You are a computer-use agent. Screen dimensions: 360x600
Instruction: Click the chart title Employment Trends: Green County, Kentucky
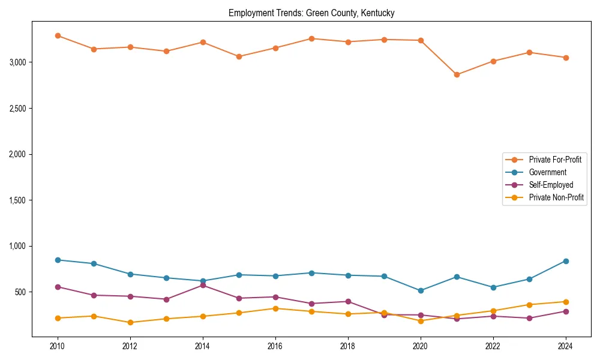(311, 13)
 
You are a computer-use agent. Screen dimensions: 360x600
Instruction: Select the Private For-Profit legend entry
(555, 160)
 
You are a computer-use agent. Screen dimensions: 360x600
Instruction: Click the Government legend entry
(547, 172)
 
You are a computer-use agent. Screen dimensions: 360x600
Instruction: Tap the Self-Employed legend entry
(551, 185)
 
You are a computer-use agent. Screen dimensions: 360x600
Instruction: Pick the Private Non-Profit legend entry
(556, 197)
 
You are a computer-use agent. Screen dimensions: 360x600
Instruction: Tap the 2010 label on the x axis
(58, 346)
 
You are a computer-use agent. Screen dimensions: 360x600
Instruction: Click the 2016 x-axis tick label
(275, 346)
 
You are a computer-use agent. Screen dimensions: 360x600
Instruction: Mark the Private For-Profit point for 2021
(457, 75)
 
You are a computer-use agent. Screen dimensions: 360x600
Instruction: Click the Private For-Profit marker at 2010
(58, 36)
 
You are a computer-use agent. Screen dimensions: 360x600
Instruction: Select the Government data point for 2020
(421, 290)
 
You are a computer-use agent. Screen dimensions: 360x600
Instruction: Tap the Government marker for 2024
(566, 261)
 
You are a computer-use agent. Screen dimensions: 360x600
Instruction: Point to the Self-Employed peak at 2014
(203, 285)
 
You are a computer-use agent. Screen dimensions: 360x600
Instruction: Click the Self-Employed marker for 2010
(58, 287)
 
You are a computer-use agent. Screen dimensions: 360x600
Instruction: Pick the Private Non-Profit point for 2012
(130, 323)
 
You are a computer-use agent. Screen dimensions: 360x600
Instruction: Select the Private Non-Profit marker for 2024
(566, 302)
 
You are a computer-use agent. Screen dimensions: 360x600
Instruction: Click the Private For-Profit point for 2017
(311, 38)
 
